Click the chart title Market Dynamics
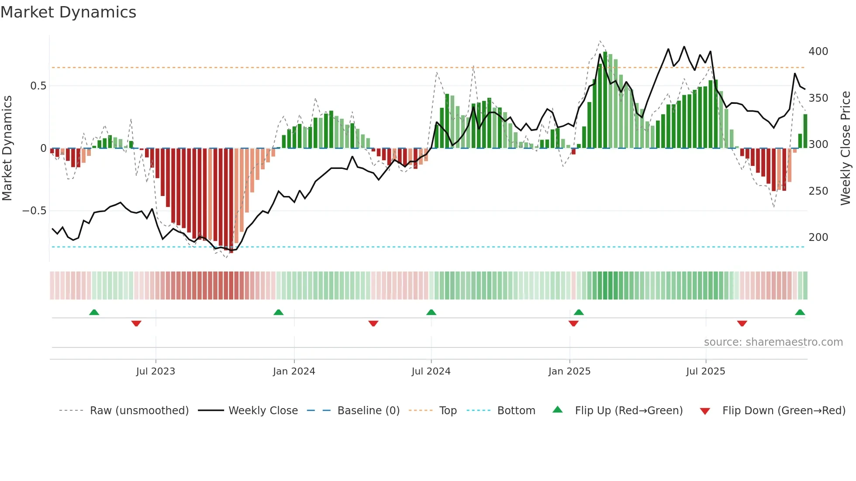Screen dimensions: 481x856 68,12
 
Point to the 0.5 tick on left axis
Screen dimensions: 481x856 38,86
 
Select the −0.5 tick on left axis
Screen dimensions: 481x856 34,211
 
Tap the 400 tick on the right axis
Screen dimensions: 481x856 818,52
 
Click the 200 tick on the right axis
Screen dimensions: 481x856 818,237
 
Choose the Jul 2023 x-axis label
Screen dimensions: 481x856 155,371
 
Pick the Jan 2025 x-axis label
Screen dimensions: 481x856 569,371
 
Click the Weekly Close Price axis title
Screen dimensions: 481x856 845,148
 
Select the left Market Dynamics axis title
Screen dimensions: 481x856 7,148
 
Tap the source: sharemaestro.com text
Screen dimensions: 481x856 773,342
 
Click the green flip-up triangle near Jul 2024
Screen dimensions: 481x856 431,312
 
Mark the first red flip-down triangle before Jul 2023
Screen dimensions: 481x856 136,323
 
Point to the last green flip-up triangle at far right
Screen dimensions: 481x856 800,312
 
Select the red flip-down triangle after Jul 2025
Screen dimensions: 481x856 742,323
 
